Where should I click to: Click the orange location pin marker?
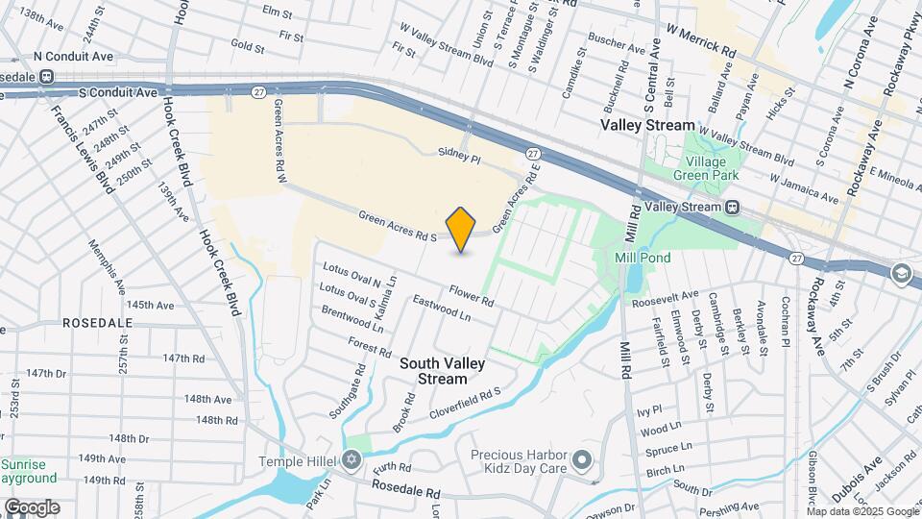click(x=461, y=229)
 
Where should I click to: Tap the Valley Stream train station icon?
click(x=733, y=207)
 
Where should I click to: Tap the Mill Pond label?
click(x=643, y=258)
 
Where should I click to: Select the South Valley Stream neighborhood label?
click(x=442, y=371)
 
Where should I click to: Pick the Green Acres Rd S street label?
click(x=398, y=226)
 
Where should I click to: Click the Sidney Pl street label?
click(x=458, y=154)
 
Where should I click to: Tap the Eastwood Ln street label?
click(x=441, y=309)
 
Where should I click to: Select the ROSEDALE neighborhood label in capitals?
click(x=97, y=324)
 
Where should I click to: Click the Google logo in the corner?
click(x=31, y=507)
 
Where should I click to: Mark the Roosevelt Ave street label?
click(x=665, y=300)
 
